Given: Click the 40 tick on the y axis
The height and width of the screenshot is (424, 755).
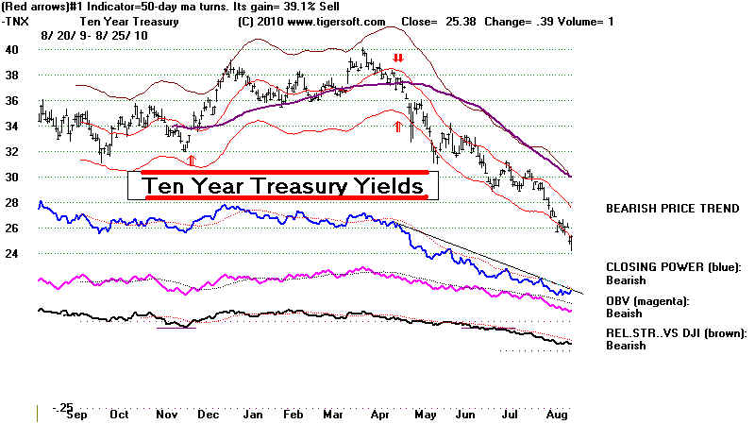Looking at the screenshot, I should point(14,49).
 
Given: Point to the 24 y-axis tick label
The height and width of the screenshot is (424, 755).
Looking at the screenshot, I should point(14,254).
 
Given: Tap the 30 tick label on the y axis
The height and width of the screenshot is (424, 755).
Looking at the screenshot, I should point(14,178).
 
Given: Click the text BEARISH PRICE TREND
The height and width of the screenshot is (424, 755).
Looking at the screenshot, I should point(672,208).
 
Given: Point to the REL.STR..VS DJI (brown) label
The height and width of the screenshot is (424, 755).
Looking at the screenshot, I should point(675,332).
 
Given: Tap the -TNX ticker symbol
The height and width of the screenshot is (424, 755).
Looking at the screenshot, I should point(17,21).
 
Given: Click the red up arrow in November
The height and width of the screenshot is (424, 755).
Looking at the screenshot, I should point(191,161).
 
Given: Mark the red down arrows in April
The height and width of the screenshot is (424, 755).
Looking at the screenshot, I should point(398,59).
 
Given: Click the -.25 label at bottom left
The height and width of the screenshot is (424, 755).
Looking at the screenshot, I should point(62,408).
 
